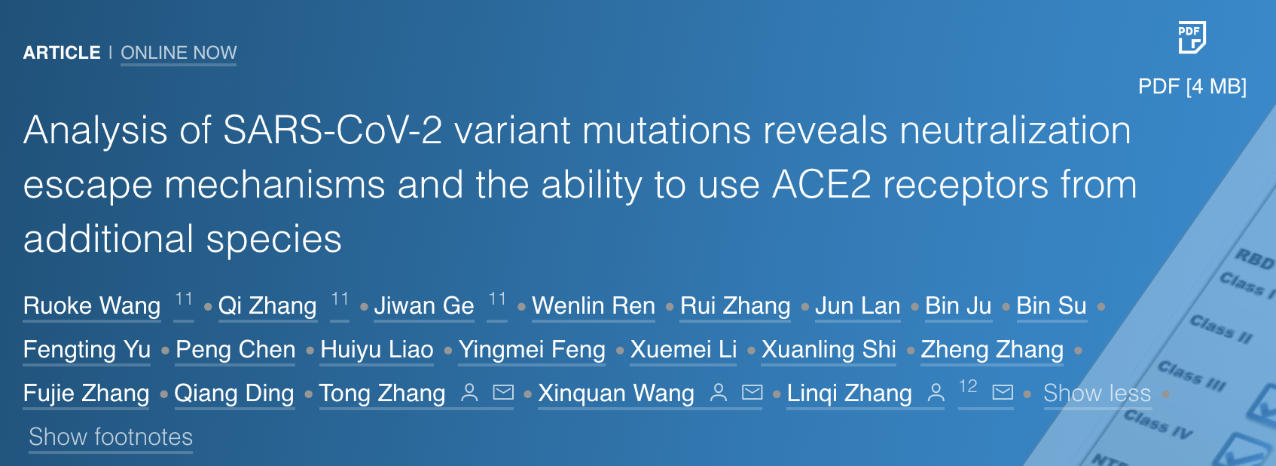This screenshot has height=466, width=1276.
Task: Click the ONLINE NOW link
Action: click(179, 53)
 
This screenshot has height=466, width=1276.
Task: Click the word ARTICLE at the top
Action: click(62, 53)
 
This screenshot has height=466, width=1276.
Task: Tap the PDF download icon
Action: click(1192, 38)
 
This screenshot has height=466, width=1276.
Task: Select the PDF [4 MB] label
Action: click(1192, 87)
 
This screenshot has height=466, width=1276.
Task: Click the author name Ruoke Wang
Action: click(92, 305)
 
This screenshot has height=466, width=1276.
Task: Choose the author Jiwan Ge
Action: click(424, 305)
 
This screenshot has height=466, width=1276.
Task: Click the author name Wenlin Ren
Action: click(594, 305)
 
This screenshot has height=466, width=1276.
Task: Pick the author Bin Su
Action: click(1052, 305)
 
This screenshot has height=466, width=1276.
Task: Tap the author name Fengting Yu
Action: click(87, 350)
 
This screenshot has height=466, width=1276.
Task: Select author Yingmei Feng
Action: click(532, 350)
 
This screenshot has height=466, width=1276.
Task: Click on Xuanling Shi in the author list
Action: click(829, 350)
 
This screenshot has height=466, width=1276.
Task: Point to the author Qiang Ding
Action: click(234, 394)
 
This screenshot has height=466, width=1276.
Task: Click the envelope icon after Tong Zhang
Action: click(503, 392)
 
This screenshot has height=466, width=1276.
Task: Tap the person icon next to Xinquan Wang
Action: click(719, 392)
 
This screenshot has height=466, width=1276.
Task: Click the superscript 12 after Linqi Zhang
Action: click(968, 387)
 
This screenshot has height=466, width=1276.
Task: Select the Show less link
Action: click(1097, 394)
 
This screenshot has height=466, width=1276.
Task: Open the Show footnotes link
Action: click(111, 437)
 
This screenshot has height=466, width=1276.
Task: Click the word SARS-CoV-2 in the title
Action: click(332, 130)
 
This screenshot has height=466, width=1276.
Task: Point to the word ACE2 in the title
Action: click(822, 185)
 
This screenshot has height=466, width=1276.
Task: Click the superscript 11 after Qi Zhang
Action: click(340, 299)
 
